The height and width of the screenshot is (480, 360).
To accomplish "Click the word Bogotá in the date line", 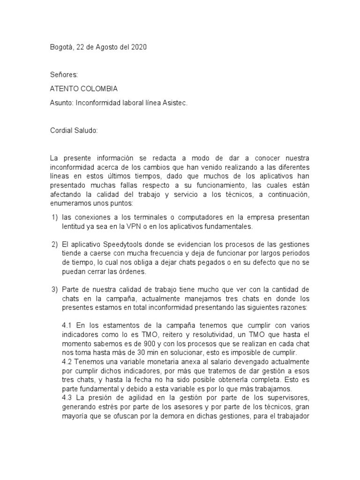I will (x=61, y=47).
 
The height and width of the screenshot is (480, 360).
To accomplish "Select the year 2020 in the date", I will (x=138, y=47).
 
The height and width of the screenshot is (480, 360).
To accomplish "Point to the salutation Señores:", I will (x=64, y=75).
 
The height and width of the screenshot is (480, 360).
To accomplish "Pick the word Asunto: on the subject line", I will (x=61, y=103).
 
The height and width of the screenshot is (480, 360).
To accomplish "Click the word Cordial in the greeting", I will (x=62, y=130).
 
